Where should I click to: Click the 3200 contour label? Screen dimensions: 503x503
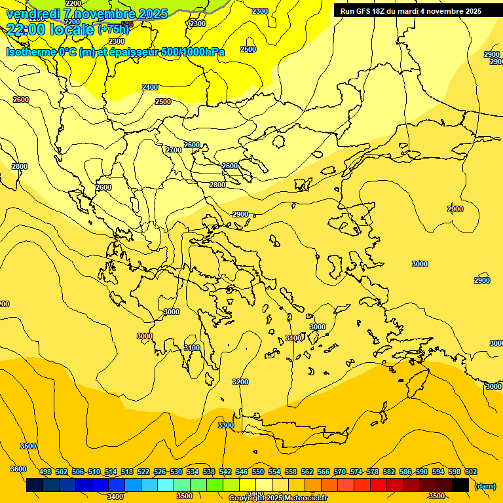pos(240,382)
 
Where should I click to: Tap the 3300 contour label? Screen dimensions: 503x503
pos(226,425)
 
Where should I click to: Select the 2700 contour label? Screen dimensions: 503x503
pos(174,150)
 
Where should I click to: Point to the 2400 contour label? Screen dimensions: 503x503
pos(150,87)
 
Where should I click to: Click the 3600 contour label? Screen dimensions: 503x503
pos(18,469)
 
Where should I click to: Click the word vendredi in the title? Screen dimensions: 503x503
pos(33,14)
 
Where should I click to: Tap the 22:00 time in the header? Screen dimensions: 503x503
pos(29,29)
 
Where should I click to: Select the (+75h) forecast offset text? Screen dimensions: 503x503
pos(113,29)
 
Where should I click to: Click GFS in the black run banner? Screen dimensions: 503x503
pos(363,11)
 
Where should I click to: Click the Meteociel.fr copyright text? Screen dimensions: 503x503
pos(278,498)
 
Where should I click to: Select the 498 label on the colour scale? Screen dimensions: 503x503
pos(45,472)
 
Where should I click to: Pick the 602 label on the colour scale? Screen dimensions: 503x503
pos(471,472)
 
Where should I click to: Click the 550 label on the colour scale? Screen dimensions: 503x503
pos(258,472)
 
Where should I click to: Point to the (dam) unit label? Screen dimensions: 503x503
pos(485,485)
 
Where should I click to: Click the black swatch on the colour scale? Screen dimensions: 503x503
pos(460,485)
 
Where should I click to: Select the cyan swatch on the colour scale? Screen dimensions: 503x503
pos(166,485)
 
